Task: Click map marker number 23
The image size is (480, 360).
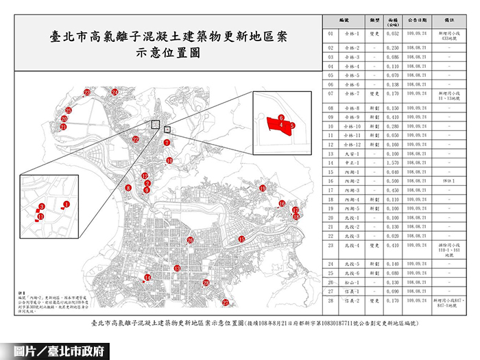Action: click(x=87, y=92)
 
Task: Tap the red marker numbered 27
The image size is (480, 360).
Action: click(x=225, y=302)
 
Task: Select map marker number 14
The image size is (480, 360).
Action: click(x=147, y=278)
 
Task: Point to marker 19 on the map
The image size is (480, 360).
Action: click(x=263, y=188)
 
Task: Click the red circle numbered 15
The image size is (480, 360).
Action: click(x=241, y=239)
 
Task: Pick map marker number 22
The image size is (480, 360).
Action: click(x=136, y=139)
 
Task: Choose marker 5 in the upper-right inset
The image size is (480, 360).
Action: click(x=291, y=126)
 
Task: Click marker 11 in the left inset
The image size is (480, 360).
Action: click(x=41, y=217)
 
